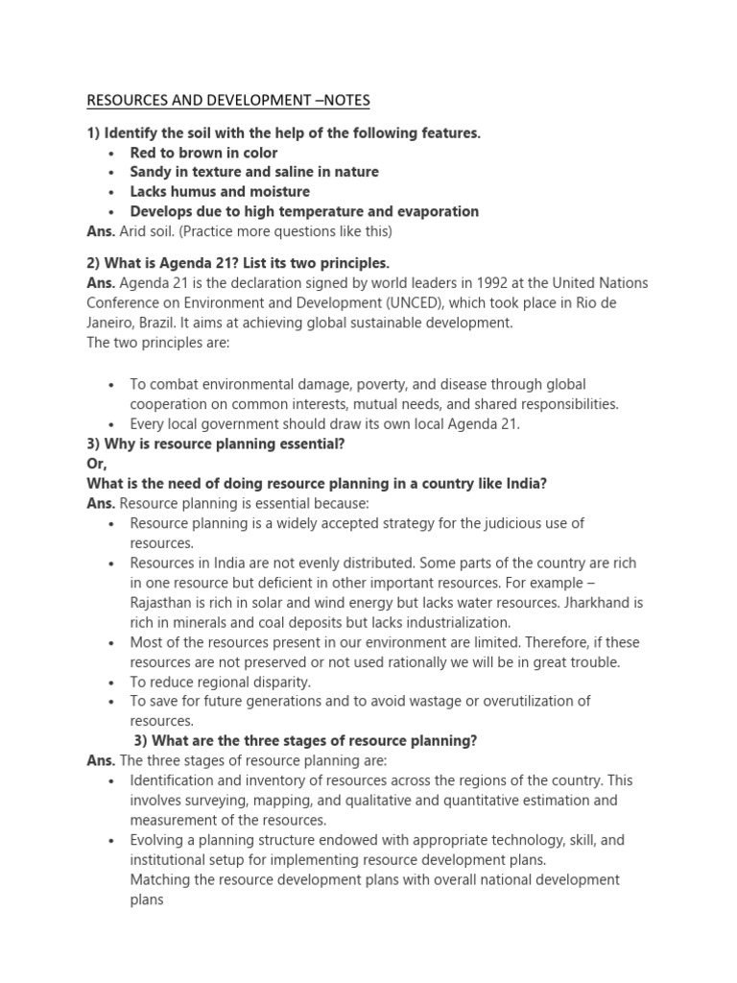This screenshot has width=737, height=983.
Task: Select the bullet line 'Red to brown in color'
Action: [203, 153]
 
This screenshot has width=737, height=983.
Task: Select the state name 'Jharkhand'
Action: [606, 603]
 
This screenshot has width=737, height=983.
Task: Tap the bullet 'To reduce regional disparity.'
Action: [221, 682]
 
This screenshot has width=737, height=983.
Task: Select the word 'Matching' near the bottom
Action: [161, 879]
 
